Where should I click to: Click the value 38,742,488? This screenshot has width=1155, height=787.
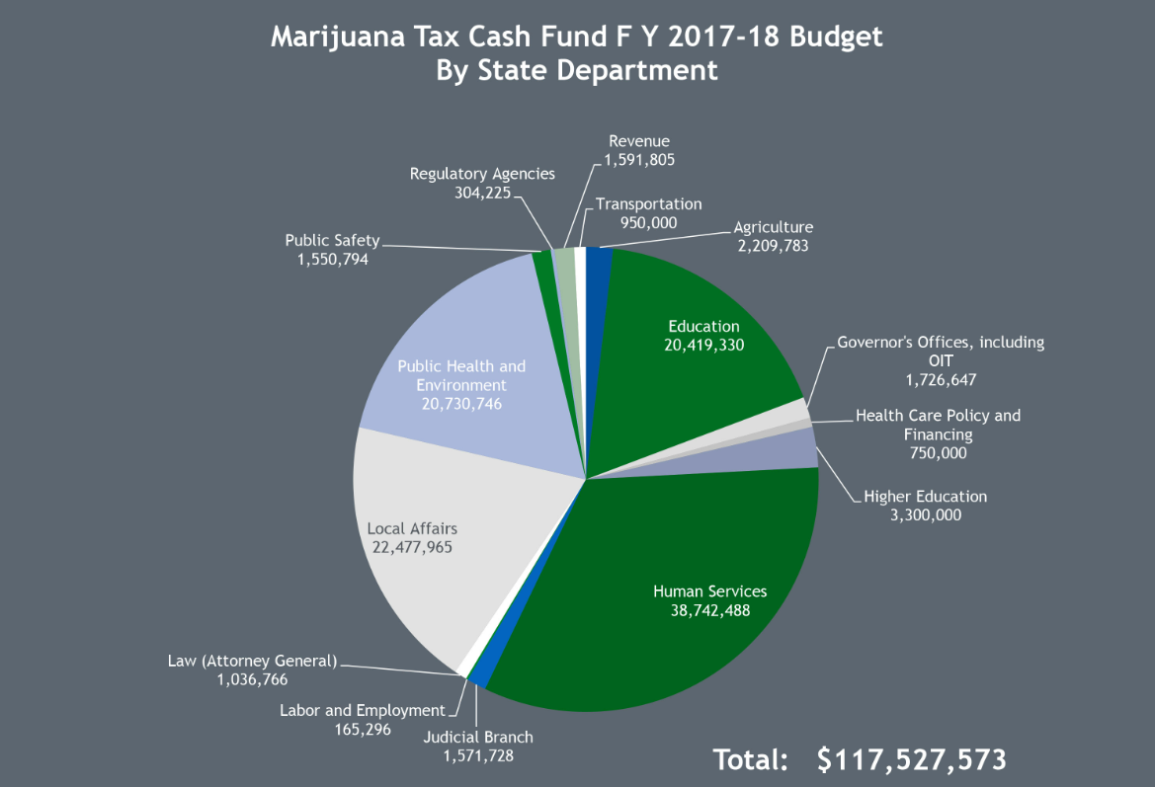[x=709, y=610]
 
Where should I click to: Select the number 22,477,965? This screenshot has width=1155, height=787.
[x=412, y=546]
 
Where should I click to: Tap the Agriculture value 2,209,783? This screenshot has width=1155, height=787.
[x=771, y=246]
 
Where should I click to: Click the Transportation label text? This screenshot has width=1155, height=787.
[x=648, y=204]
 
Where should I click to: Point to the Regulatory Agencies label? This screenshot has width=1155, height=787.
[x=482, y=174]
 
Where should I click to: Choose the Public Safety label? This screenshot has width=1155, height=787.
[x=332, y=241]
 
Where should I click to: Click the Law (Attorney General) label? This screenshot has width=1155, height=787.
[x=252, y=661]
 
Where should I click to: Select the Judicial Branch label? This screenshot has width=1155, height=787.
[x=477, y=737]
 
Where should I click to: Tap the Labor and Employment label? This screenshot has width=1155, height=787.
[x=362, y=710]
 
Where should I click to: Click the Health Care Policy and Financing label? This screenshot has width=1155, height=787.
[x=938, y=425]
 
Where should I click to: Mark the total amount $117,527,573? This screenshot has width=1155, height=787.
[x=911, y=759]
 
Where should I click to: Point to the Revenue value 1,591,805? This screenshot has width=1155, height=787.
[x=638, y=159]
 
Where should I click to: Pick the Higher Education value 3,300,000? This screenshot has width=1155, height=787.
[x=925, y=514]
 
